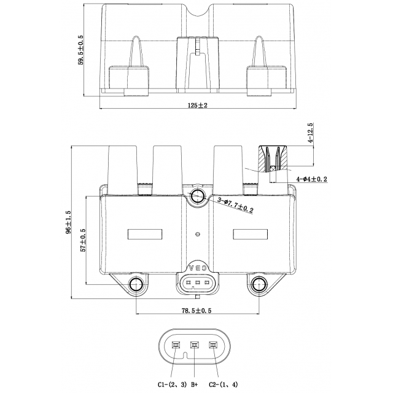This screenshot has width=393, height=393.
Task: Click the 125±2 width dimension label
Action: click(x=198, y=105)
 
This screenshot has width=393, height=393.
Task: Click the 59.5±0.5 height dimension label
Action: click(x=80, y=50)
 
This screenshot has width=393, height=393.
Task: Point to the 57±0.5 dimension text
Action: click(x=83, y=240)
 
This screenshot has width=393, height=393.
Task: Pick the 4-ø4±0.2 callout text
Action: click(x=311, y=179)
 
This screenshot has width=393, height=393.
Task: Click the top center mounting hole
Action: click(x=198, y=196)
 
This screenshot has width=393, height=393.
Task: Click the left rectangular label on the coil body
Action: click(x=144, y=234)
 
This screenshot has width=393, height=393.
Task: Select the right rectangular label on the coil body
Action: click(x=250, y=234)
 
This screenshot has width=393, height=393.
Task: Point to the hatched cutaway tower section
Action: click(x=274, y=159)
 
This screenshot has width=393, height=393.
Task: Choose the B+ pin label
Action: click(x=196, y=384)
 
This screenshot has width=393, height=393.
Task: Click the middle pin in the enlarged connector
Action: click(x=196, y=346)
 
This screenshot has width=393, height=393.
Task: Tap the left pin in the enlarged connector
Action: click(x=177, y=346)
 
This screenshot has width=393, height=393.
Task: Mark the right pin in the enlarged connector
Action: click(x=214, y=346)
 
